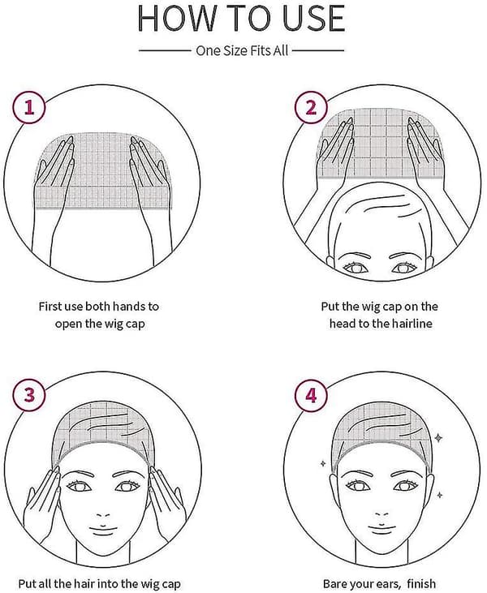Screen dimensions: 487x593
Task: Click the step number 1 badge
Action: [29, 108]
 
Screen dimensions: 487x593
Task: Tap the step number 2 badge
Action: [311, 107]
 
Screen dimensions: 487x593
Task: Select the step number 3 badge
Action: [29, 395]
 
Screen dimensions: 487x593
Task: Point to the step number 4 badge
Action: [311, 396]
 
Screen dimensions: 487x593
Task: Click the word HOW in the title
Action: [178, 18]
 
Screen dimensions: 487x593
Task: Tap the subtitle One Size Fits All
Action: [242, 50]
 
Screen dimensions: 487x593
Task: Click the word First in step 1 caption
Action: [50, 306]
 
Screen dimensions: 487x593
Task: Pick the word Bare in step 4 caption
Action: [335, 583]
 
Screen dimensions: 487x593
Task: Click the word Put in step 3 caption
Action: [27, 583]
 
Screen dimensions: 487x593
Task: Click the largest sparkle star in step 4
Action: [438, 438]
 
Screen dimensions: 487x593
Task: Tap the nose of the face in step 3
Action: [103, 514]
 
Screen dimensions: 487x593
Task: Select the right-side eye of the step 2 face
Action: [404, 269]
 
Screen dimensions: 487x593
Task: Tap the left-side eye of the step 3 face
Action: [79, 486]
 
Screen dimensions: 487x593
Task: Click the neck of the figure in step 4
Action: [381, 553]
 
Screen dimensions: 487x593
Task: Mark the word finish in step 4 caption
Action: [421, 583]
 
